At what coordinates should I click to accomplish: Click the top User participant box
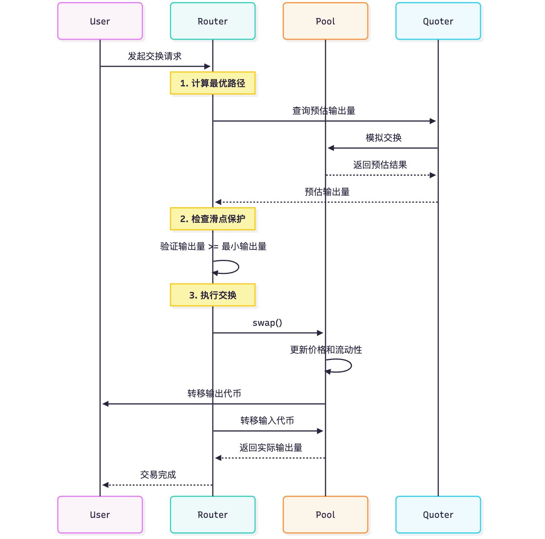click(100, 21)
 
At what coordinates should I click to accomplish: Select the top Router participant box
click(213, 21)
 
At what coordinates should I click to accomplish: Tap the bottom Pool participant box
click(326, 515)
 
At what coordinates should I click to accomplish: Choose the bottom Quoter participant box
click(438, 515)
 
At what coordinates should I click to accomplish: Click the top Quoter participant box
click(438, 21)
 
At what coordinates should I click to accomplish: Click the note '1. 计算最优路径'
click(213, 83)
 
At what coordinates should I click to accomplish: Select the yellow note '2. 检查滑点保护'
click(213, 219)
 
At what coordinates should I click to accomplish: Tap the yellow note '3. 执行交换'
click(213, 295)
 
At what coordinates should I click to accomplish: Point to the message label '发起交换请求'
click(155, 56)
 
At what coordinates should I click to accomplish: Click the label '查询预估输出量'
click(324, 110)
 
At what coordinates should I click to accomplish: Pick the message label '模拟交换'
click(383, 138)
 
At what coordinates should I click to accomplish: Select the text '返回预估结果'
click(380, 165)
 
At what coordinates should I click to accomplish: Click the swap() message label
click(267, 323)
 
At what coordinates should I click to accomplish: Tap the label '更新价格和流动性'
click(326, 350)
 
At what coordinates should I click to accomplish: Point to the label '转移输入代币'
click(267, 420)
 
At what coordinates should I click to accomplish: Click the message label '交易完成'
click(158, 474)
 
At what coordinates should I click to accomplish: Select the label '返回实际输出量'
click(271, 447)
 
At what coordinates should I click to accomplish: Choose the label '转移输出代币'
click(214, 393)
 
